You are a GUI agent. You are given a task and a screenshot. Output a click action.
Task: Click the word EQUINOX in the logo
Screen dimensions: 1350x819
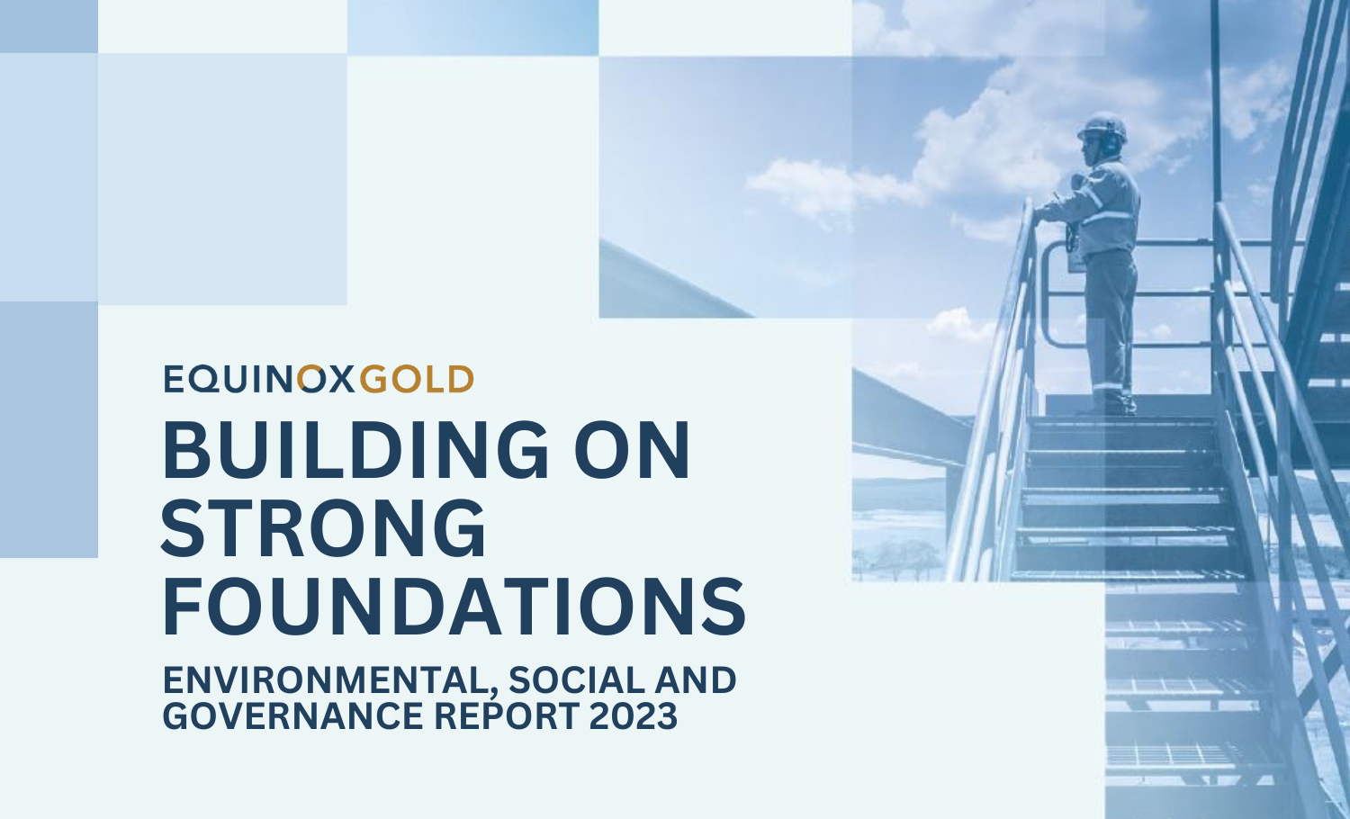coord(259,379)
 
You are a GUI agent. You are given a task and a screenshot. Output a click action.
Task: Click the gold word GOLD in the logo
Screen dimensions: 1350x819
coord(417,379)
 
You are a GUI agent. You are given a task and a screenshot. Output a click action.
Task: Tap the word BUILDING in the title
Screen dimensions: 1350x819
coord(355,450)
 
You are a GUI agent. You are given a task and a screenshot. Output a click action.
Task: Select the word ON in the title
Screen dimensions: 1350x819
coord(632,450)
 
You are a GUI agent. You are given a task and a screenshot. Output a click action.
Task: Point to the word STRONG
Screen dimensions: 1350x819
coord(323,528)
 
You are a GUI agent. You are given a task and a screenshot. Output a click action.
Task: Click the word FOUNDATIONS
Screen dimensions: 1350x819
coord(454,607)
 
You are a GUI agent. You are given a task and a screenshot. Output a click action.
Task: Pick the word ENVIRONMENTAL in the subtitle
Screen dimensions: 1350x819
coord(333,681)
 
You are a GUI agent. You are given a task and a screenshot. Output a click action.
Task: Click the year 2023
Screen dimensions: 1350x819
coord(634,715)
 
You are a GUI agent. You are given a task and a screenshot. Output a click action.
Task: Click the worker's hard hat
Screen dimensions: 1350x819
coord(1102,127)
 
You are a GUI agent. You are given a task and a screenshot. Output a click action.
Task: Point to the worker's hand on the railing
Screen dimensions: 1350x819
coord(1041,211)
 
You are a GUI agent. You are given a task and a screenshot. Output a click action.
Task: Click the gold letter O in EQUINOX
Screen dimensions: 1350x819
coord(312,379)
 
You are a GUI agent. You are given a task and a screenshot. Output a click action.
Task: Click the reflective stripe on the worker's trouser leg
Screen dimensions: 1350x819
coord(1109,386)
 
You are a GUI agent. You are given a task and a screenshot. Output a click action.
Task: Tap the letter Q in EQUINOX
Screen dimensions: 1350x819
coord(208,380)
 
